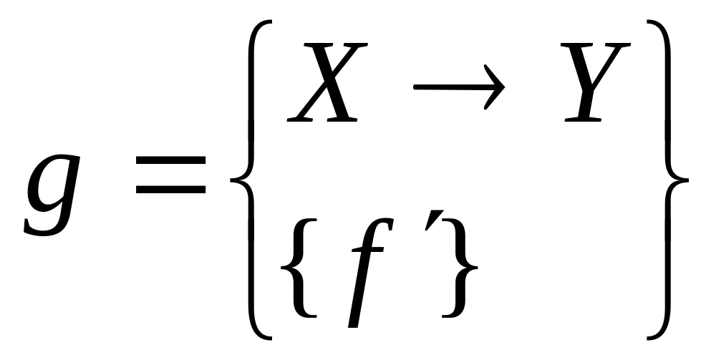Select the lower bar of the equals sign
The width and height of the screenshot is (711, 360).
170,190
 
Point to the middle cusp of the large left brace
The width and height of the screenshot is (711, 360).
236,180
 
